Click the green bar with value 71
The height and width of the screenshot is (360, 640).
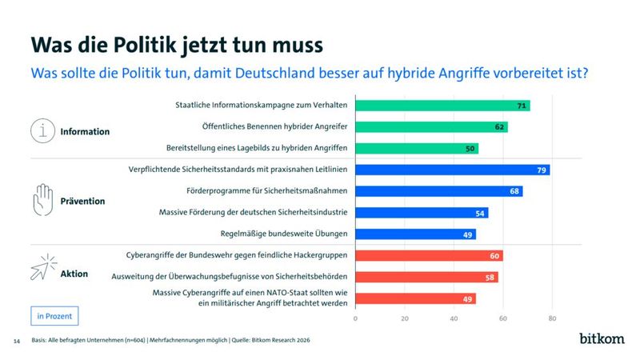(442, 106)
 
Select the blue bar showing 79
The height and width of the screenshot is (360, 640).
(452, 170)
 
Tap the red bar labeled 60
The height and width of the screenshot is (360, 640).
(428, 256)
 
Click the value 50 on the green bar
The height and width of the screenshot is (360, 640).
(470, 149)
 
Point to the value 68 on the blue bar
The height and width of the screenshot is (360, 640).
(514, 191)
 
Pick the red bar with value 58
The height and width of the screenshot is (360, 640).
(426, 277)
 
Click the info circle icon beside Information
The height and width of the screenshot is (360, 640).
(42, 130)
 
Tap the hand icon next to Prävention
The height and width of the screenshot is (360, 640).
(42, 200)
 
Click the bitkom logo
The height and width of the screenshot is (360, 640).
(601, 339)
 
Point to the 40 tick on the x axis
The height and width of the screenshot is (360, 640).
(454, 318)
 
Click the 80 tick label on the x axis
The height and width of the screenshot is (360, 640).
(552, 318)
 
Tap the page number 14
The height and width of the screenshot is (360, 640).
(16, 341)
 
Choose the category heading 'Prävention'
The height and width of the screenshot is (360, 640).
(82, 201)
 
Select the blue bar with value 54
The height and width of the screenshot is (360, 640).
(421, 213)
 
